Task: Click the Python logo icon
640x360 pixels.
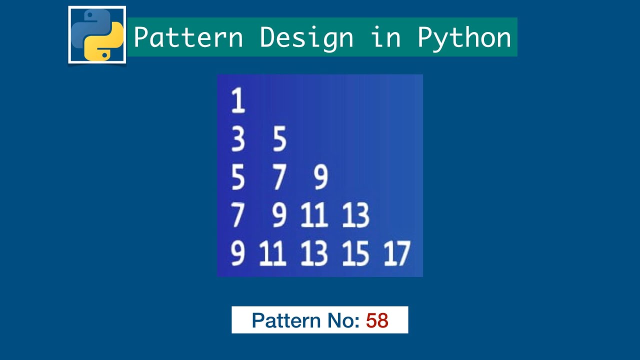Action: [97, 35]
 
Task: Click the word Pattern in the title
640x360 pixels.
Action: [188, 37]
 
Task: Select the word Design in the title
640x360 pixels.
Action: [306, 37]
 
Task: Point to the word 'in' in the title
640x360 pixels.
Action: [385, 37]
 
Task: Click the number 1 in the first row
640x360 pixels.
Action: [238, 100]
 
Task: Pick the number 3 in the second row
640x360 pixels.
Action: [238, 139]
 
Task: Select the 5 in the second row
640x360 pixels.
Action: [279, 139]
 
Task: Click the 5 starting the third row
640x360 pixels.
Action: [238, 177]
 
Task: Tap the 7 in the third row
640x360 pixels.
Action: [279, 177]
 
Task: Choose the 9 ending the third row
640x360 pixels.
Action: [321, 177]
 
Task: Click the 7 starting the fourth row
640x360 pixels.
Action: [238, 215]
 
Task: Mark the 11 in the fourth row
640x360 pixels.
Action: [314, 215]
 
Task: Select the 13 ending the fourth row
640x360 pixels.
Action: [355, 215]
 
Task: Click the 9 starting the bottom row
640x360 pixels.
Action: [238, 253]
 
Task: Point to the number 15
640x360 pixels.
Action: [355, 253]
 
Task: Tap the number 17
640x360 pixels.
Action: [397, 253]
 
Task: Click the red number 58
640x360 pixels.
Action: [377, 320]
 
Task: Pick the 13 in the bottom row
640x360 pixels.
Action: [314, 253]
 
